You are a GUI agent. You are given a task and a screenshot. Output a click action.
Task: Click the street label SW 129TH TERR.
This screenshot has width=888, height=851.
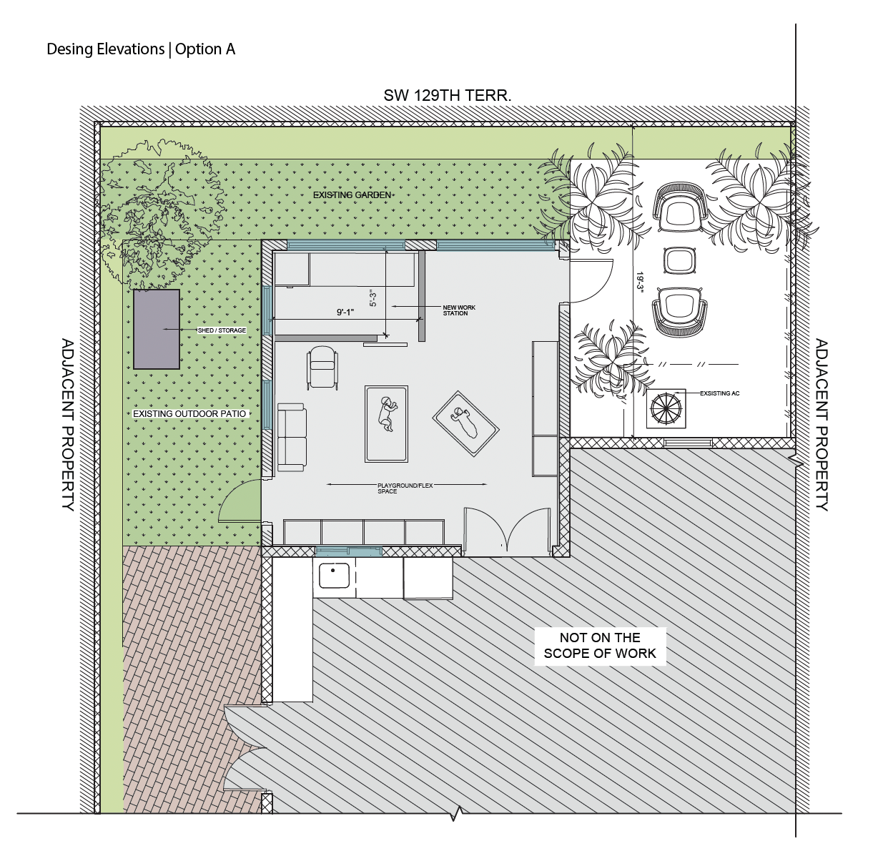(447, 95)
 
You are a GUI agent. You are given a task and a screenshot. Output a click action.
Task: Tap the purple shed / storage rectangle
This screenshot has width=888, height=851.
(156, 328)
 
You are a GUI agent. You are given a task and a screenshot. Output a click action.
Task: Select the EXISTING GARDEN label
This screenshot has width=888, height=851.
(352, 195)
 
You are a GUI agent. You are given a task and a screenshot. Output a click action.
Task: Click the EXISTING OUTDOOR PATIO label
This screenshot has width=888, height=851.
(189, 414)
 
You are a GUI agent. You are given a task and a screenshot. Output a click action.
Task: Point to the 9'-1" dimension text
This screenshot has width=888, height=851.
(345, 312)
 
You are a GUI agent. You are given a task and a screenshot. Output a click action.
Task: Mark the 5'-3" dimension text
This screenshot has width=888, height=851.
(373, 298)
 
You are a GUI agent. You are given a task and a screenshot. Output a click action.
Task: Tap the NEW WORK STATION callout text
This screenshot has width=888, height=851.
(458, 310)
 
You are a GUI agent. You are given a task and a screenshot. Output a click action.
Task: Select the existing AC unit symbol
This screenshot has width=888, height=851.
(666, 408)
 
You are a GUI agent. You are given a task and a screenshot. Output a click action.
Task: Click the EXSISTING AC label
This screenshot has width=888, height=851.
(719, 393)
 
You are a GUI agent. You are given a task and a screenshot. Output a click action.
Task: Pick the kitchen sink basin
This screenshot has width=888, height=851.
(334, 576)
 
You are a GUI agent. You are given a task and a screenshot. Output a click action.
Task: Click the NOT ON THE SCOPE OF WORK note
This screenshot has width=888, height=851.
(600, 645)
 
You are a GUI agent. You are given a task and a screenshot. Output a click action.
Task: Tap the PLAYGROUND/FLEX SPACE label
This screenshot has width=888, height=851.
(405, 488)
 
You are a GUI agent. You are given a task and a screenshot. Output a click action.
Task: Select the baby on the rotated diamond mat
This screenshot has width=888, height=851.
(465, 423)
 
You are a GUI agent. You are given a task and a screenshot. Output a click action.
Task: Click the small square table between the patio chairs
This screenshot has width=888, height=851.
(679, 260)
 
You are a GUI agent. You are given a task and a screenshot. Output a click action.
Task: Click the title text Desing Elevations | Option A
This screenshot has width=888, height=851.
(141, 49)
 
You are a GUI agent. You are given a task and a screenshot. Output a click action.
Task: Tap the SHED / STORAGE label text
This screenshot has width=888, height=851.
(222, 330)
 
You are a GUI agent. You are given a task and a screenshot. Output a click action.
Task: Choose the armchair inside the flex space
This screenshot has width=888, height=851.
(322, 368)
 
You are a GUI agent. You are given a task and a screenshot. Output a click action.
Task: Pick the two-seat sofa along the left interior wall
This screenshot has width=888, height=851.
(291, 437)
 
